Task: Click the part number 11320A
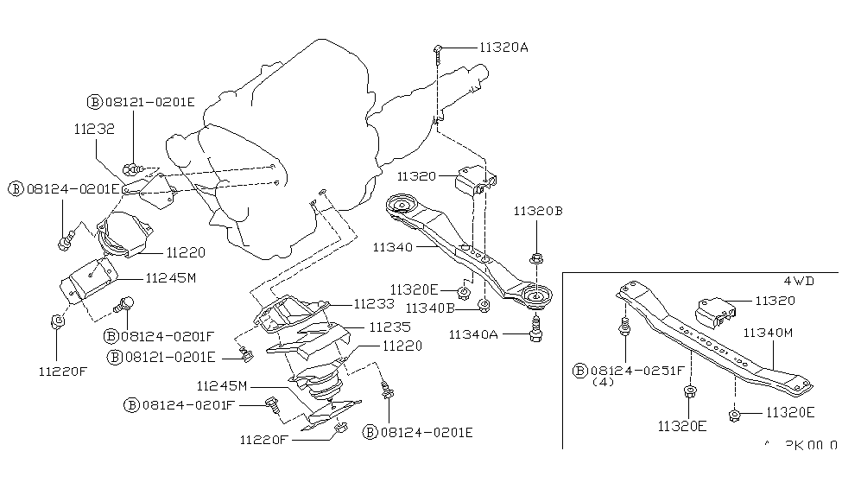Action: click(x=503, y=48)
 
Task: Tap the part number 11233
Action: click(x=374, y=304)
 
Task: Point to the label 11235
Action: click(x=389, y=327)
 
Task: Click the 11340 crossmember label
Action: click(x=394, y=247)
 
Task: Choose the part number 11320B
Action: click(x=539, y=210)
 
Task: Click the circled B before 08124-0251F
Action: click(x=579, y=370)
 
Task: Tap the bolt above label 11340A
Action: click(x=535, y=328)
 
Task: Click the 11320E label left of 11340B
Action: click(x=414, y=289)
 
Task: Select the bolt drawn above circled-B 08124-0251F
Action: click(x=622, y=329)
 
